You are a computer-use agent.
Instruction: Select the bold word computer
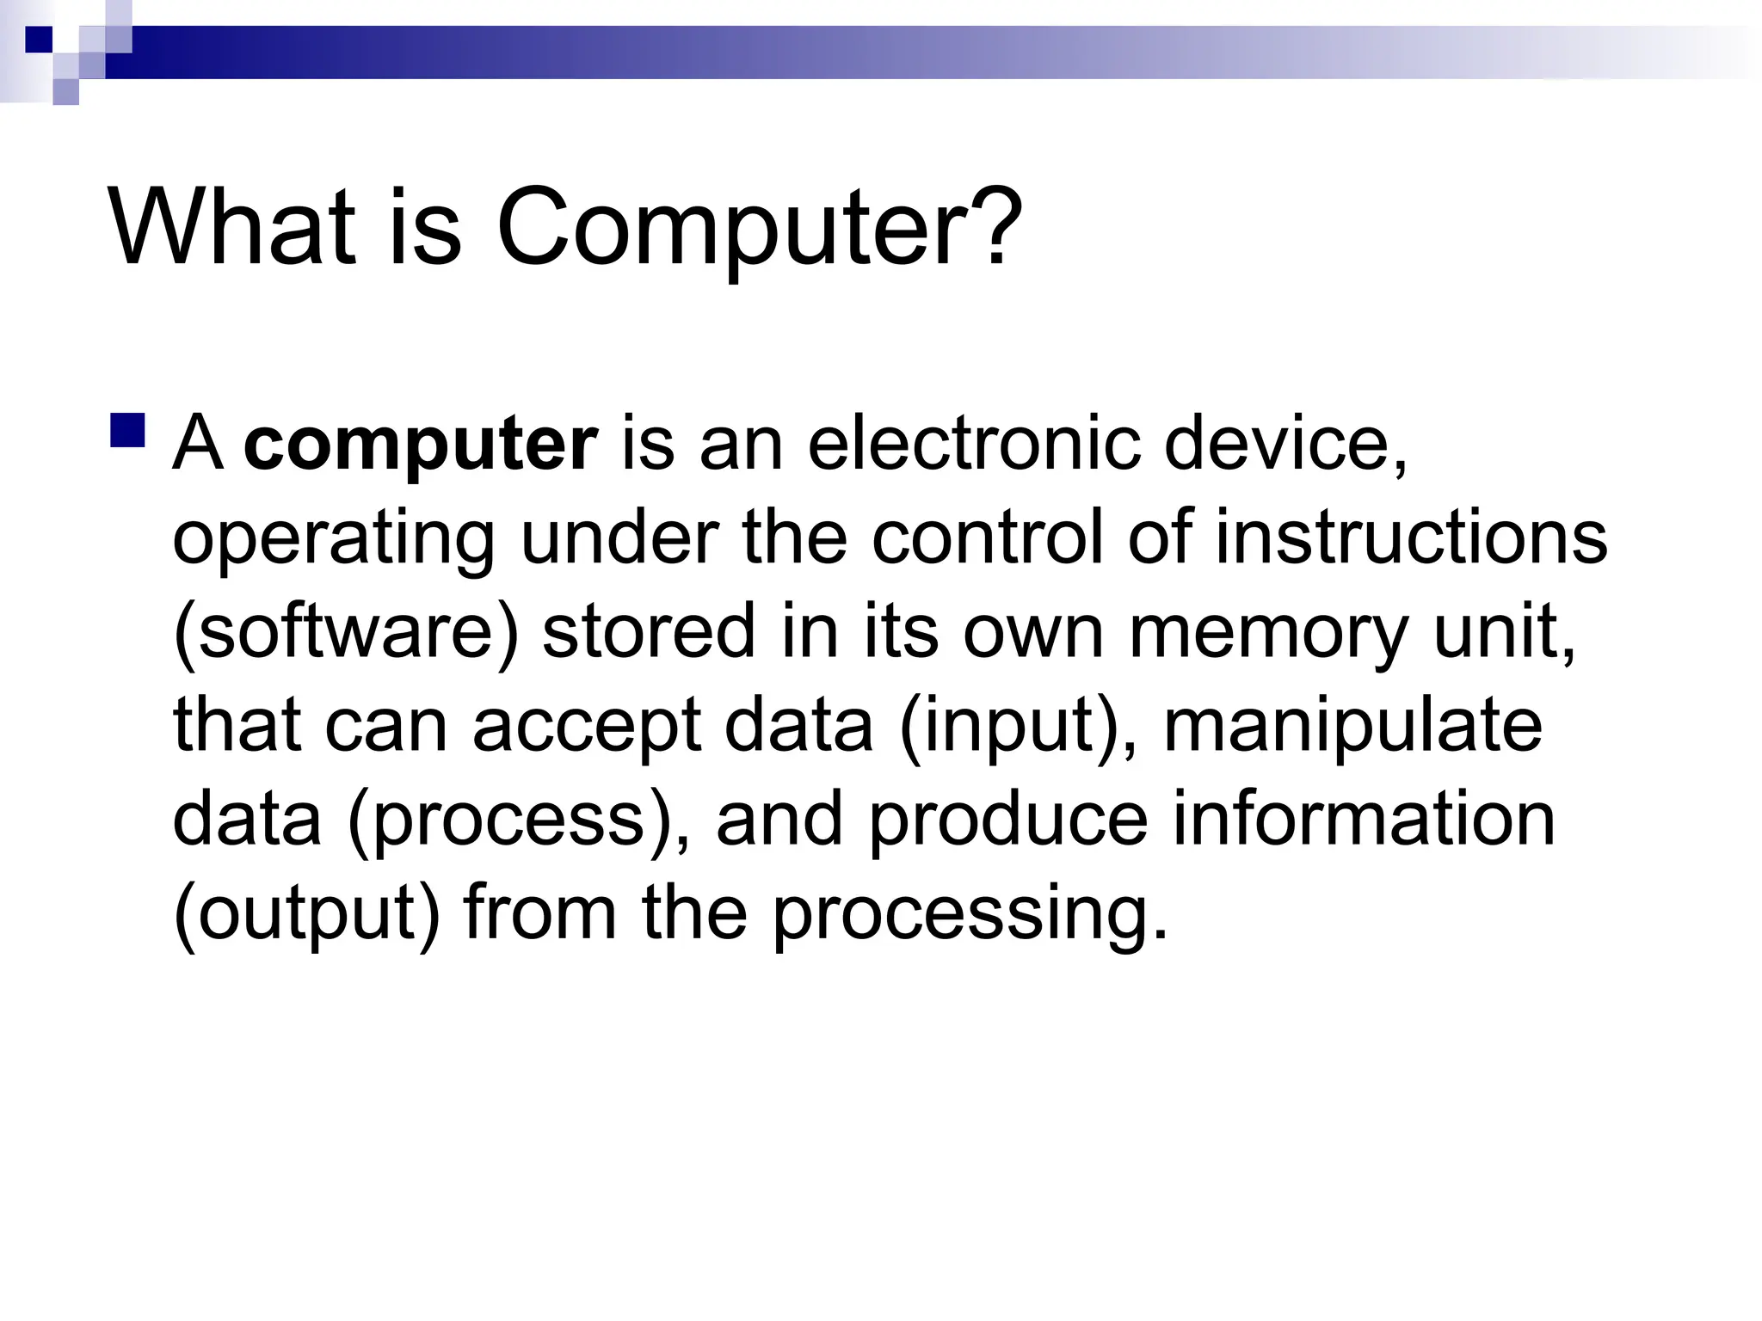click(x=421, y=445)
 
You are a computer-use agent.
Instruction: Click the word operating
click(x=334, y=540)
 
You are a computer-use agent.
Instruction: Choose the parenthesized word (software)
click(x=346, y=633)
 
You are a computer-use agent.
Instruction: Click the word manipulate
click(x=1352, y=728)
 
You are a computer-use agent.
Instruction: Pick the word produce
click(x=1007, y=820)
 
